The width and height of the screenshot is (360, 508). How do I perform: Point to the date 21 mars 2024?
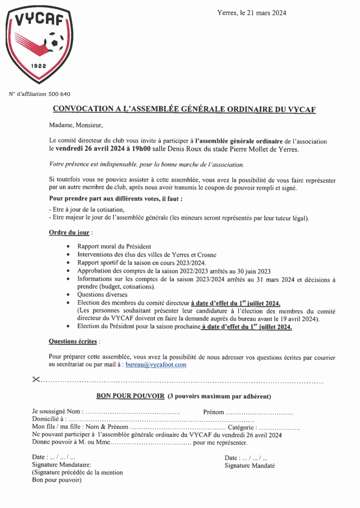click(263, 13)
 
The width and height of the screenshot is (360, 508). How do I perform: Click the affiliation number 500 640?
click(59, 94)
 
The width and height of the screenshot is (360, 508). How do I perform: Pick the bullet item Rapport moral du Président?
click(114, 246)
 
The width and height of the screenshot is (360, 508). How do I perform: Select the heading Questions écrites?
click(73, 341)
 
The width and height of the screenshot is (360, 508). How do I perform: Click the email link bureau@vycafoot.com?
click(156, 364)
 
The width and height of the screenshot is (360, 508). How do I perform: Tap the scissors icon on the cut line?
click(36, 379)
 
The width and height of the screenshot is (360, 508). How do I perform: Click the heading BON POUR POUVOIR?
click(130, 396)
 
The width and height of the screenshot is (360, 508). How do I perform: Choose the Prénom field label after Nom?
click(213, 412)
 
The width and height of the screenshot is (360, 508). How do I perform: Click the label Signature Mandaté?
click(249, 465)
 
